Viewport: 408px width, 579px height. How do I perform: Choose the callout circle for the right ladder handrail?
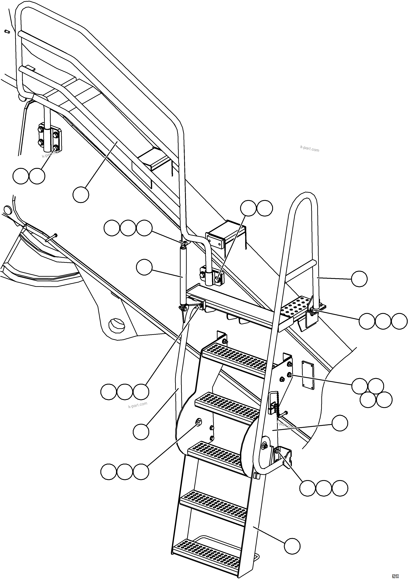pos(359,279)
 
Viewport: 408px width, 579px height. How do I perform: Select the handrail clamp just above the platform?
pos(212,277)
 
